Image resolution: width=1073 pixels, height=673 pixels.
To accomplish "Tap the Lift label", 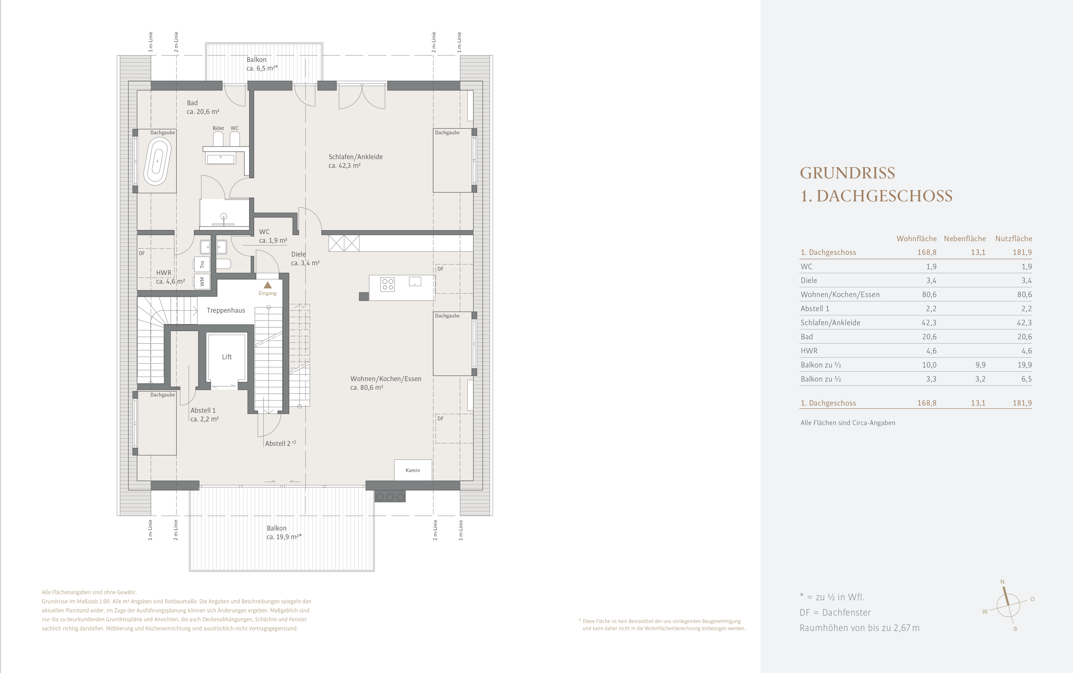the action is pos(227,357).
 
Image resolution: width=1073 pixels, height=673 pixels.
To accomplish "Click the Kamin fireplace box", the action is pos(413,470).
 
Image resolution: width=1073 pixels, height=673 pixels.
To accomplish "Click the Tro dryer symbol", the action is pos(202,264).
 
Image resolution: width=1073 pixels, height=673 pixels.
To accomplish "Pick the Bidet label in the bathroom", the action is pos(218,128).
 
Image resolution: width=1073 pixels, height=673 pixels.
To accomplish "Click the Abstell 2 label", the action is pos(278,444).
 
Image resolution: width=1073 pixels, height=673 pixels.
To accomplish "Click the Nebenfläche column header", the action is pos(965,239).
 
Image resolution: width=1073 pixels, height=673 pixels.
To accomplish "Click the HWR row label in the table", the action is pos(809,351).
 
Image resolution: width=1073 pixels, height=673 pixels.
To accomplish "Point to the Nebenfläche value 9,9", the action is pos(980,365).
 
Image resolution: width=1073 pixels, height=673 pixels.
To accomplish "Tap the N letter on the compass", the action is pos(1002,582).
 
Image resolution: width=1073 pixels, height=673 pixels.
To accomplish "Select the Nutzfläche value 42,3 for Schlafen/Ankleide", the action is pos(1024,323).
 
